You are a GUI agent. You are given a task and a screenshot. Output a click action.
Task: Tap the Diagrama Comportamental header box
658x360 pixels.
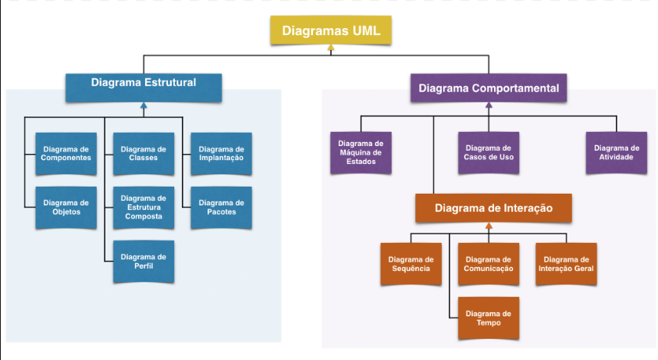tap(489, 87)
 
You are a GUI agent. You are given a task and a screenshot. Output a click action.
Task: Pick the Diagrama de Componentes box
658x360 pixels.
tap(66, 154)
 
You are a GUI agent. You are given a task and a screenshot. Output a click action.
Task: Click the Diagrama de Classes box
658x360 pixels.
tap(144, 154)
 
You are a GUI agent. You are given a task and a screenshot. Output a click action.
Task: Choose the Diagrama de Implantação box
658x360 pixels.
tap(221, 154)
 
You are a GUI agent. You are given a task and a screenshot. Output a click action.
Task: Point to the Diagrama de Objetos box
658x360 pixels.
tap(66, 208)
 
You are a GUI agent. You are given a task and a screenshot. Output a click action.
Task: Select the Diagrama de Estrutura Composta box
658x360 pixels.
tap(144, 208)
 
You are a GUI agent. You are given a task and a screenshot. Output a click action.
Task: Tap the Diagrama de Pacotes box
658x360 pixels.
tap(221, 208)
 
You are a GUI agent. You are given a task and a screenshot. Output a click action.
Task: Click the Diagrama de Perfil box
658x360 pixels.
tap(144, 262)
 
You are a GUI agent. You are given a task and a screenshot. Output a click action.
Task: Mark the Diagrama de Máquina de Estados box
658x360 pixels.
tap(360, 152)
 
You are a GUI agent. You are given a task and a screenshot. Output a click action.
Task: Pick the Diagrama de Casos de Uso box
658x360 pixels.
tap(488, 152)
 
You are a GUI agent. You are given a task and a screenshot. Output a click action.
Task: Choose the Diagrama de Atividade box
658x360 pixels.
tap(617, 152)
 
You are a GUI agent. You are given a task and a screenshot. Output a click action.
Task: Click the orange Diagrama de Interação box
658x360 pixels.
tap(493, 209)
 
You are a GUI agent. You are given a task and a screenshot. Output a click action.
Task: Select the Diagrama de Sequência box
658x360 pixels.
tap(411, 264)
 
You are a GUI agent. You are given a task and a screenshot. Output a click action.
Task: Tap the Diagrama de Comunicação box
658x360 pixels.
tap(489, 264)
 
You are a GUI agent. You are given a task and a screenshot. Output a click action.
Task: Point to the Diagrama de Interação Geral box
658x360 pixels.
tap(566, 264)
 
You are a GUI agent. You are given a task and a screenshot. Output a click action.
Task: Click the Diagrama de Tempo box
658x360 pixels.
tap(489, 318)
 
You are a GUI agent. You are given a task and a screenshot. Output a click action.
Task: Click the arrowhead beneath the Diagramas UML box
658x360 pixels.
tap(331, 49)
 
